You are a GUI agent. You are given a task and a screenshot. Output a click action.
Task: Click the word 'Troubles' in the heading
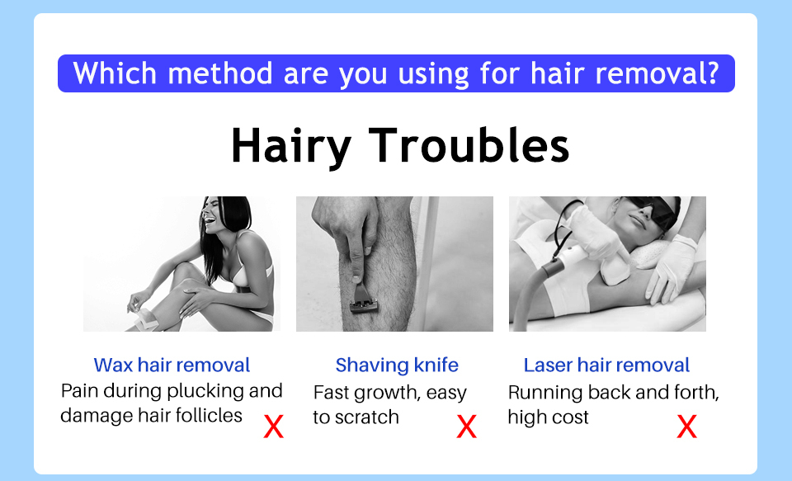coord(469,144)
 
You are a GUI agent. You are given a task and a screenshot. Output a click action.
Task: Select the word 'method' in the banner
coord(220,73)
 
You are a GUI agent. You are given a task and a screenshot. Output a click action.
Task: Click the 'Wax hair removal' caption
coord(172,365)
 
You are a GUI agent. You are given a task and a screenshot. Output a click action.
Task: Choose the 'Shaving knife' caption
coord(397,365)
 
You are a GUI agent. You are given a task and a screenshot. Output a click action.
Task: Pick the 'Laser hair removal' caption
coord(606,365)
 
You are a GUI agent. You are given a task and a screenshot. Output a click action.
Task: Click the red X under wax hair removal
coord(274,427)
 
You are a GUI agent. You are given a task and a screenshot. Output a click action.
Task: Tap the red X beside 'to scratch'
coord(466,427)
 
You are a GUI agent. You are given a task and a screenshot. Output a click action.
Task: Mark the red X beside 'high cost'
coord(687,427)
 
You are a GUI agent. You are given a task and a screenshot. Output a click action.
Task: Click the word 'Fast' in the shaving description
coord(329,393)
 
